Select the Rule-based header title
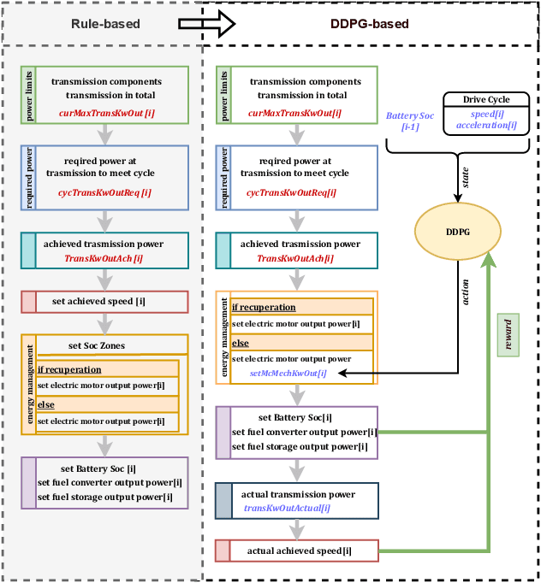click(x=100, y=24)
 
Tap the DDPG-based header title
click(x=370, y=24)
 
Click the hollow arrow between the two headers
click(x=206, y=24)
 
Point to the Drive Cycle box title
click(x=486, y=100)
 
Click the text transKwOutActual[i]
click(x=287, y=508)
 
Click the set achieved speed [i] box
click(x=103, y=301)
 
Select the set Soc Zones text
click(x=96, y=345)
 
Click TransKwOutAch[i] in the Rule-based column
click(x=103, y=257)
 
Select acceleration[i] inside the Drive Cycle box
click(x=486, y=125)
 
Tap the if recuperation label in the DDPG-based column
click(x=264, y=307)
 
